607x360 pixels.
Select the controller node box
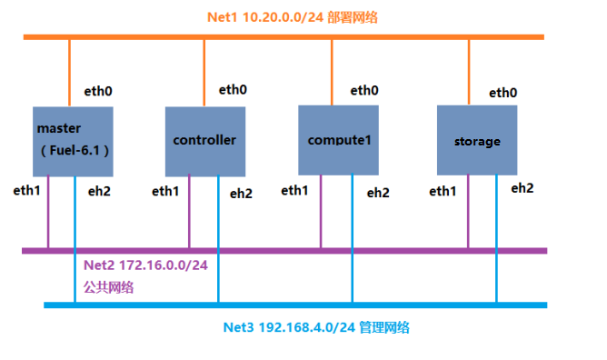coord(204,141)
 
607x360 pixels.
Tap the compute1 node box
coord(339,140)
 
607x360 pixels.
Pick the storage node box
coord(477,140)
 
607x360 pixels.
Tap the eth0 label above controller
coord(233,89)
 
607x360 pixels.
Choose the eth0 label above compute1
coord(364,90)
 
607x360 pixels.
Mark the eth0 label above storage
coord(503,92)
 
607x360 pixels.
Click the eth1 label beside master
coord(27,190)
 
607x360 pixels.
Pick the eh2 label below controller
coord(241,193)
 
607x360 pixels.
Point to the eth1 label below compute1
coord(294,190)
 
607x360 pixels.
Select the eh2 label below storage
coord(522,188)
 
